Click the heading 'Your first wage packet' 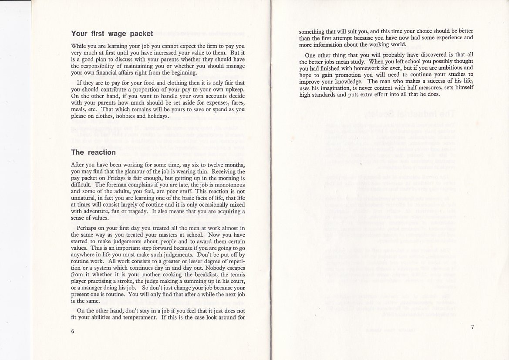pos(112,34)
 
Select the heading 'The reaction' pos(93,152)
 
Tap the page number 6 pos(73,331)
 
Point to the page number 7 pos(472,328)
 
